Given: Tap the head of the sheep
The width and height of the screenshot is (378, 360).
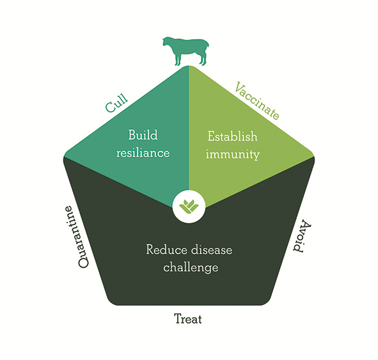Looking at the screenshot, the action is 168,42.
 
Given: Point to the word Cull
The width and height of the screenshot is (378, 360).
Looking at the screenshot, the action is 116,104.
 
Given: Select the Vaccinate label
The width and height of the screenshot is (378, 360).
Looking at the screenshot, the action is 257,100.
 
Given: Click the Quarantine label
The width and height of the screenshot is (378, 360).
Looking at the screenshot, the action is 77,237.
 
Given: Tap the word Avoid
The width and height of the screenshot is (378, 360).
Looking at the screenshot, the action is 302,236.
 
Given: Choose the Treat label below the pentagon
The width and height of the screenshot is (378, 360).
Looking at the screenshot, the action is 188,318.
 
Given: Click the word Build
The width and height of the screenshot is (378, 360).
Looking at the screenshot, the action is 143,135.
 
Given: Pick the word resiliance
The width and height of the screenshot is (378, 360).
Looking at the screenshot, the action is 143,153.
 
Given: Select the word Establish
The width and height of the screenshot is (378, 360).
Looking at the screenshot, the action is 233,136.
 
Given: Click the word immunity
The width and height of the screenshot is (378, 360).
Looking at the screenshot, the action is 233,155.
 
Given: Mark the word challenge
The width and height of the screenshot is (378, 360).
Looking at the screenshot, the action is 191,267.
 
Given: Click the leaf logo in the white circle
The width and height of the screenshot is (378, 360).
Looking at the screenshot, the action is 189,207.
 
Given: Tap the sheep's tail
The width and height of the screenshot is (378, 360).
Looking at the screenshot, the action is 207,45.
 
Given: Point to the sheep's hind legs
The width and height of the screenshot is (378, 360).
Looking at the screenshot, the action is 203,59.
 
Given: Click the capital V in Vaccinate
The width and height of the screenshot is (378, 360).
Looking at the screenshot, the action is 239,88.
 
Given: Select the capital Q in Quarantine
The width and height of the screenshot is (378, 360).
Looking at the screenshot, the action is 83,262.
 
